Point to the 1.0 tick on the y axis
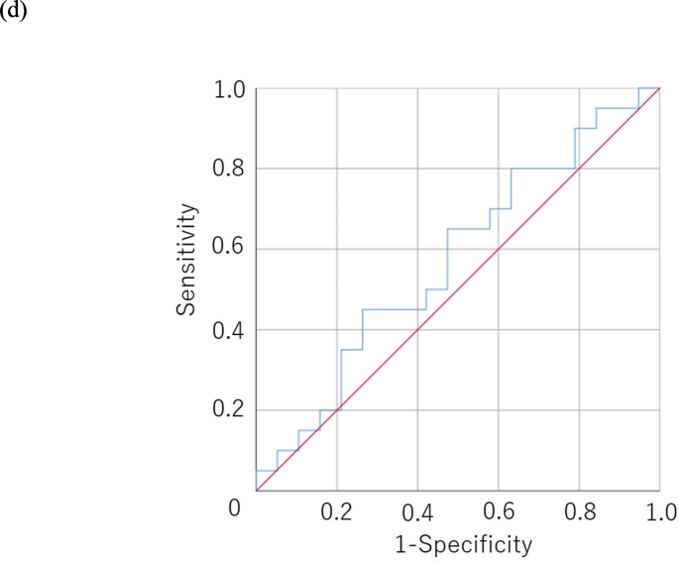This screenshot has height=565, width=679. pos(230,90)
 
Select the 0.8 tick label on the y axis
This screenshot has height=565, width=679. pos(230,170)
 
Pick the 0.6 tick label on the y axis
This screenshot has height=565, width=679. pos(230,250)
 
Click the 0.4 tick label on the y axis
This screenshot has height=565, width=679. pos(230,330)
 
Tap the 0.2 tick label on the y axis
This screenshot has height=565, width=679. pos(230,410)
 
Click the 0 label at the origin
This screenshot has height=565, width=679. pos(235,508)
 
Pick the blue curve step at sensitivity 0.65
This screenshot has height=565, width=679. pos(468,229)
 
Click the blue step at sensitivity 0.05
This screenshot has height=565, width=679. pos(266,470)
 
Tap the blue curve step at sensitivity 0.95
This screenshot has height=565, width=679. pos(617,108)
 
